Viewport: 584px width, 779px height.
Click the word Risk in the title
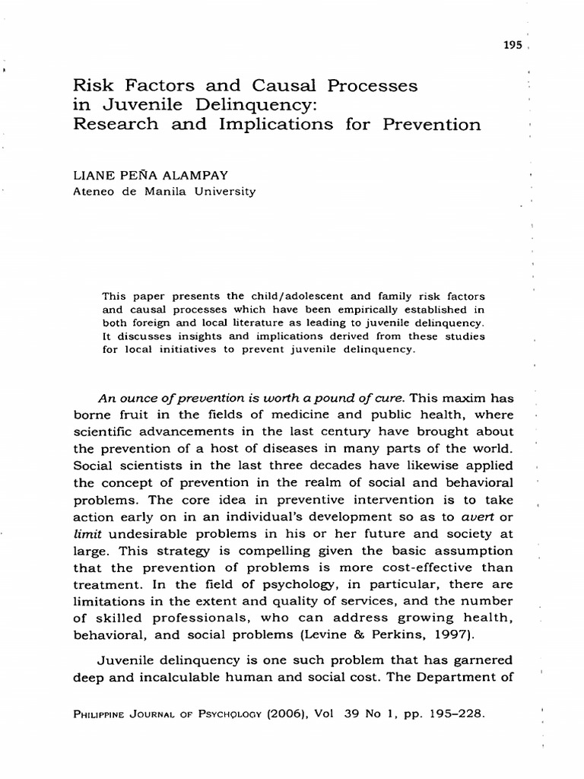click(x=89, y=86)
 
